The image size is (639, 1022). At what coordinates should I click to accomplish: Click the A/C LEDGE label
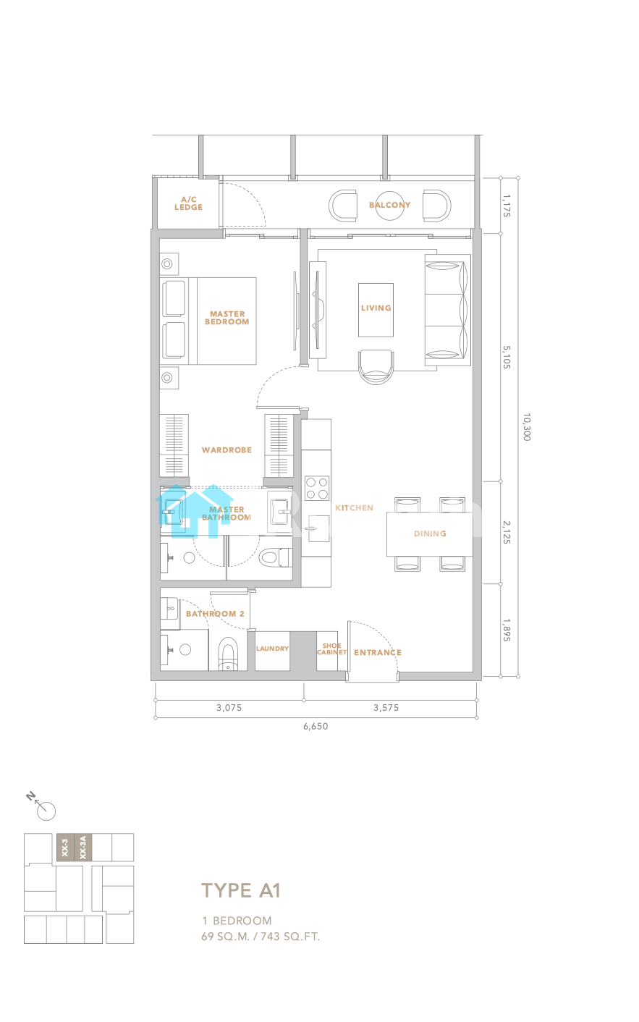[188, 203]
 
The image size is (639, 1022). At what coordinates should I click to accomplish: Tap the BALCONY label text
[389, 205]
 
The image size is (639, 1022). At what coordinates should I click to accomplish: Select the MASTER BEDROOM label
[227, 318]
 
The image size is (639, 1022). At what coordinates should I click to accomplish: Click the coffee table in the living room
[376, 310]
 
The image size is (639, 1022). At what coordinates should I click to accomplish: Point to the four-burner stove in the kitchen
[317, 488]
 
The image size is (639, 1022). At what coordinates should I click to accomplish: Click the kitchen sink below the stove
[318, 528]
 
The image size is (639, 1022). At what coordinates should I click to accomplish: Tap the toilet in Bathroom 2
[228, 654]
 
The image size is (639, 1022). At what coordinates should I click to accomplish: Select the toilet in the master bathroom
[275, 557]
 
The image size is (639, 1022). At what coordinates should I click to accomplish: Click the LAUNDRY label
[272, 649]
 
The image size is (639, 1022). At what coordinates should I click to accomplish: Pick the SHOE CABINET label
[332, 649]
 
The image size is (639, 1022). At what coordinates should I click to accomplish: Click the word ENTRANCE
[378, 652]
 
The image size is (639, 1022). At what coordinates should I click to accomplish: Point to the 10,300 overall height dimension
[526, 427]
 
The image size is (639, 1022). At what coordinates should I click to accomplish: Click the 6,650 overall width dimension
[316, 726]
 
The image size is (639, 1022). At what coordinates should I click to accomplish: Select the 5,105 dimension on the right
[507, 357]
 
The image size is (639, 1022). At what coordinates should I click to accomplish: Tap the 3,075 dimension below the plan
[229, 708]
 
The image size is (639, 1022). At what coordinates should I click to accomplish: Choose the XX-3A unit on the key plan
[83, 848]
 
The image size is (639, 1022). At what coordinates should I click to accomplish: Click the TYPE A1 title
[241, 890]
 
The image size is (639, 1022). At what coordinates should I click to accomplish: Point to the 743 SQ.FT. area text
[290, 937]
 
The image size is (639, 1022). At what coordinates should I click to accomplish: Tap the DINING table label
[430, 533]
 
